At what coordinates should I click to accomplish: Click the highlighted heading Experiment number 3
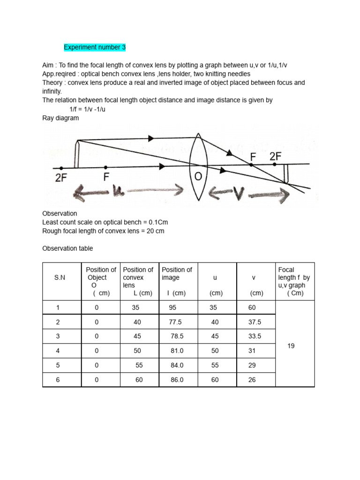[x=95, y=47]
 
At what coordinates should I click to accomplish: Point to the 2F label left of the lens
[x=60, y=178]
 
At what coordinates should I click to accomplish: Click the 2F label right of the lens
[x=276, y=157]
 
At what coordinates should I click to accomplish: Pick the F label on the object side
[x=106, y=177]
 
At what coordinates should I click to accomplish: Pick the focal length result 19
[x=291, y=345]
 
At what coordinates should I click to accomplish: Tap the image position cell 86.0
[x=177, y=380]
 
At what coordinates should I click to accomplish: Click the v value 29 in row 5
[x=252, y=365]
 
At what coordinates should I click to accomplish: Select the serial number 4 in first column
[x=58, y=351]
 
